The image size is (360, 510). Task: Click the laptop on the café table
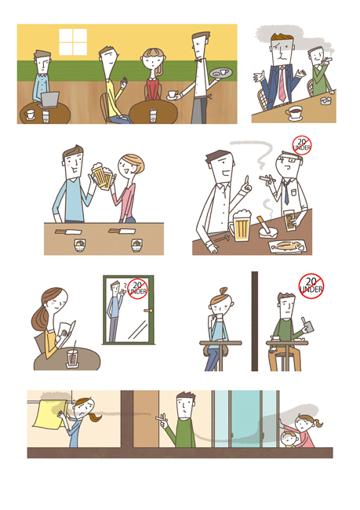point(49,100)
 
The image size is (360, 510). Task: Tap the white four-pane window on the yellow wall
point(73,42)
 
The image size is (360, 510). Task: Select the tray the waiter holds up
point(221,73)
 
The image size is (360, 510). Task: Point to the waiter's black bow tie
point(197,60)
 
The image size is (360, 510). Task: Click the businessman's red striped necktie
point(282,84)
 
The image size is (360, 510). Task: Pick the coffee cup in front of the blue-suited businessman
point(293,113)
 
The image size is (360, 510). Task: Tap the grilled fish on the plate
point(287,246)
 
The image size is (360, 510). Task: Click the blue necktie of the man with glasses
point(285,192)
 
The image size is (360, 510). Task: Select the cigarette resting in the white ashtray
point(264,224)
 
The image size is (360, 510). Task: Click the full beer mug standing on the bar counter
point(241,226)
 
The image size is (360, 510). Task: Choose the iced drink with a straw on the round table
point(73,357)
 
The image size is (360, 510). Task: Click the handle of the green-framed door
point(148,311)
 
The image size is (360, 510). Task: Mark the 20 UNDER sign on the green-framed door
point(137,288)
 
